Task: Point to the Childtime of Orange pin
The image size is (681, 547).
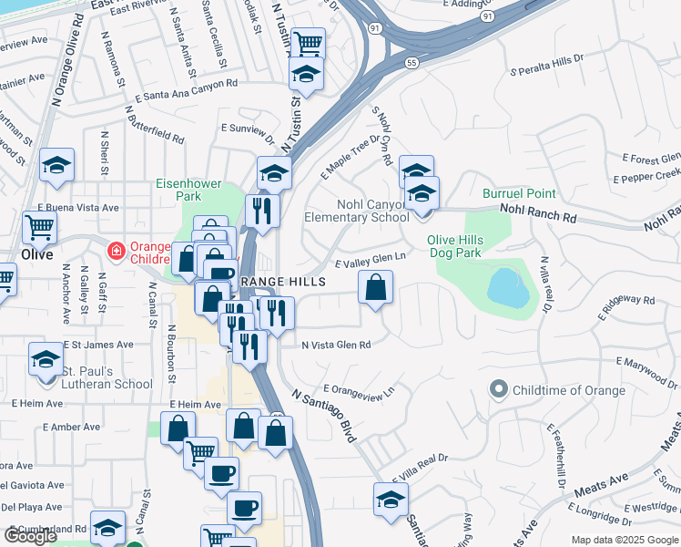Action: [498, 390]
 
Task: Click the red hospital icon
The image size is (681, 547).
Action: [117, 249]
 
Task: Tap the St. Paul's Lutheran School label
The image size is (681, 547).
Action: [107, 377]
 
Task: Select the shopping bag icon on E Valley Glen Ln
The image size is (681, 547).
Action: [376, 288]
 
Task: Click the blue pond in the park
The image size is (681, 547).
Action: [506, 287]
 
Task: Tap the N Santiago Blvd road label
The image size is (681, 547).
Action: [323, 418]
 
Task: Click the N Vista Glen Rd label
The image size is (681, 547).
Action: [337, 345]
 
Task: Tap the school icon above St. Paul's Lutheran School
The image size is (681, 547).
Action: [46, 358]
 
